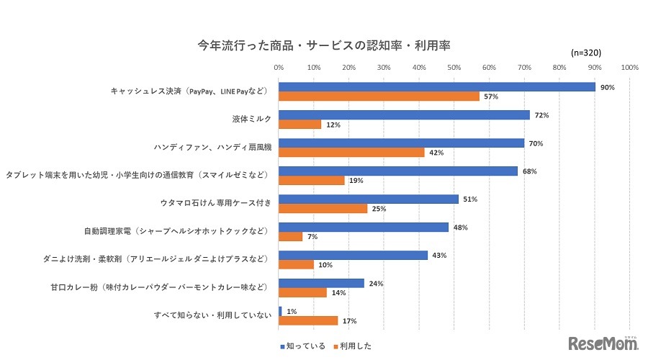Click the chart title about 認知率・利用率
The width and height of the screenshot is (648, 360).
pos(324,45)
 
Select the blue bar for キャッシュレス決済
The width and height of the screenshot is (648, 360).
pos(436,87)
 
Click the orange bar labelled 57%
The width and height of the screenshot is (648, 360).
pos(379,96)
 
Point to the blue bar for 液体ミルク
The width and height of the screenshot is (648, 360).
pos(404,115)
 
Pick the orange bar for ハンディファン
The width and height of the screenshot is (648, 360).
pos(352,153)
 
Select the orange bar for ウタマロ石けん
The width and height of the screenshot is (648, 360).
pos(322,209)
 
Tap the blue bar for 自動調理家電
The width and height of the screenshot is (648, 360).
pos(363,228)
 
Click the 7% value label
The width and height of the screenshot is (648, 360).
pos(314,237)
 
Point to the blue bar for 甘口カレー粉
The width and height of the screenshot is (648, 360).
pos(321,284)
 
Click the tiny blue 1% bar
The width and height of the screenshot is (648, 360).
pos(280,311)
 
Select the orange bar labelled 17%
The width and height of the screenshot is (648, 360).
pos(308,320)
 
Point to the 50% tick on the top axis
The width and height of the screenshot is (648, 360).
pos(454,68)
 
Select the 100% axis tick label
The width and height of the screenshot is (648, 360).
pos(629,68)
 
